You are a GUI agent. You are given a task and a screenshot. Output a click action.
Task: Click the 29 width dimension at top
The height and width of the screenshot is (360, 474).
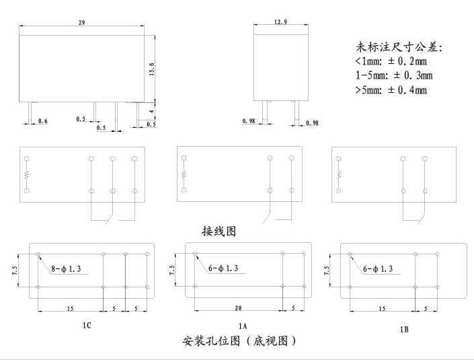[x=81, y=23]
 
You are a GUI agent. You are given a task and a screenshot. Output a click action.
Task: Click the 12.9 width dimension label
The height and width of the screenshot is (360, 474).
[x=281, y=22]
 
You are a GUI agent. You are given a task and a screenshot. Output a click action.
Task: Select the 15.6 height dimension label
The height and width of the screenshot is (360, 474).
[x=152, y=69]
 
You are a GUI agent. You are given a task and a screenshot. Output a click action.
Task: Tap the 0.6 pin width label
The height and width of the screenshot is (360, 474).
[x=42, y=120]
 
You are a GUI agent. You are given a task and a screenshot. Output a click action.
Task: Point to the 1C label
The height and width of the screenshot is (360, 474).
[x=87, y=326]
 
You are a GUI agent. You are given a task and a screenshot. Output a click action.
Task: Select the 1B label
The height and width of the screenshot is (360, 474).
[x=404, y=330]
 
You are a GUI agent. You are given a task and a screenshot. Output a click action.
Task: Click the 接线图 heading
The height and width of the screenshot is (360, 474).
[x=219, y=231]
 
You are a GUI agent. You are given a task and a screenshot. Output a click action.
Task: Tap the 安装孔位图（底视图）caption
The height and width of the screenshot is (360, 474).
[x=239, y=341]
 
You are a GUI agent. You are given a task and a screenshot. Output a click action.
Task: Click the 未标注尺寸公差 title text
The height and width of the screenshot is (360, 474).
[x=400, y=47]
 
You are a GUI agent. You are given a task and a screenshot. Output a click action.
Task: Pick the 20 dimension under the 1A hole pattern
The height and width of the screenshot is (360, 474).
[x=238, y=308]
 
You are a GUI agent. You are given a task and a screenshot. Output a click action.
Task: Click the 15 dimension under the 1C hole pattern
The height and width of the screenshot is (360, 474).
[x=70, y=308]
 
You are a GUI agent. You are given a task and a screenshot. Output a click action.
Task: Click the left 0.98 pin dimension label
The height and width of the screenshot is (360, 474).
[x=249, y=121]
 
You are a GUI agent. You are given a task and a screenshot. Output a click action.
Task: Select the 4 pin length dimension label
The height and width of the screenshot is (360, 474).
[x=152, y=110]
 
